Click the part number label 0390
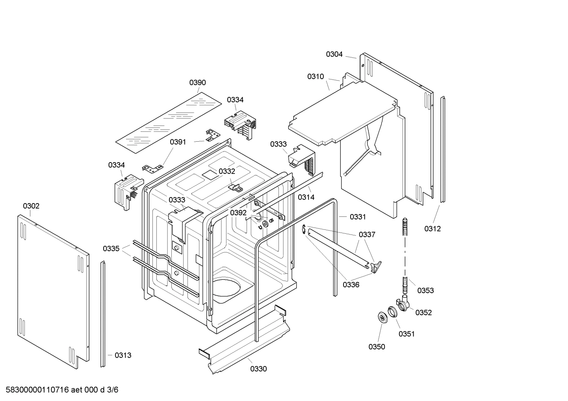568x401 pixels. [x=197, y=83]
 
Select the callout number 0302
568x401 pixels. [x=31, y=206]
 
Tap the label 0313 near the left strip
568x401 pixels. [x=123, y=355]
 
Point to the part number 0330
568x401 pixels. [x=258, y=369]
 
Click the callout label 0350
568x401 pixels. [x=377, y=347]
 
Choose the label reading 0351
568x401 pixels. [x=407, y=334]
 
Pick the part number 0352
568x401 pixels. [x=423, y=312]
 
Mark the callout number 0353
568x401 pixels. [x=425, y=290]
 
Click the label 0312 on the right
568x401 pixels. [x=432, y=229]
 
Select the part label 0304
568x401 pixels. [x=334, y=54]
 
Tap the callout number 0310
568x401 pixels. [x=316, y=77]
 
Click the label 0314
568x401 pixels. [x=306, y=197]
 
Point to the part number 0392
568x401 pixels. [x=238, y=213]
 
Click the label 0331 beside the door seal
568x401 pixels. [x=358, y=217]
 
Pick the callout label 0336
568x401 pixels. [x=351, y=285]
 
